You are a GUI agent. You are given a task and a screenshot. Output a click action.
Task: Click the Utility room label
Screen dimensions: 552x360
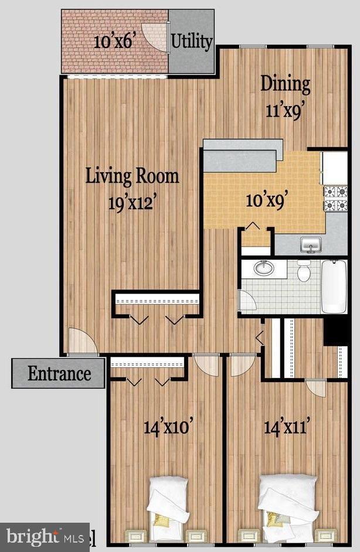pos(191,42)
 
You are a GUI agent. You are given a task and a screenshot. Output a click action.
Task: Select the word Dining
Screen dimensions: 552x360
pos(286,83)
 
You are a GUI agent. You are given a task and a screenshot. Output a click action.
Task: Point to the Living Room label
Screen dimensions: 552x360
pos(133,175)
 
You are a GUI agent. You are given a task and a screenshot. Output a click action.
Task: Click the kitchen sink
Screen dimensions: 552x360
pos(311,243)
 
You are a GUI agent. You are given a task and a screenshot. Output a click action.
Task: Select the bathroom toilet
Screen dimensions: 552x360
pos(304,271)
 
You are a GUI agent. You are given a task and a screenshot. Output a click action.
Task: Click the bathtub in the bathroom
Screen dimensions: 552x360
pos(334,287)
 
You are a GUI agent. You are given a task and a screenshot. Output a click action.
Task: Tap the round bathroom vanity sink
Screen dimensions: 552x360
pos(264,269)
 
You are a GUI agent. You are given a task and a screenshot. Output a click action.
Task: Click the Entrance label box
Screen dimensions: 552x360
pos(59,373)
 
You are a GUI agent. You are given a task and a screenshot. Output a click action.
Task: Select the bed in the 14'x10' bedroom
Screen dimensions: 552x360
pos(168,505)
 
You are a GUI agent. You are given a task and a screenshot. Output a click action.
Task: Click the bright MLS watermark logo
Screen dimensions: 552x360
pos(45,537)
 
